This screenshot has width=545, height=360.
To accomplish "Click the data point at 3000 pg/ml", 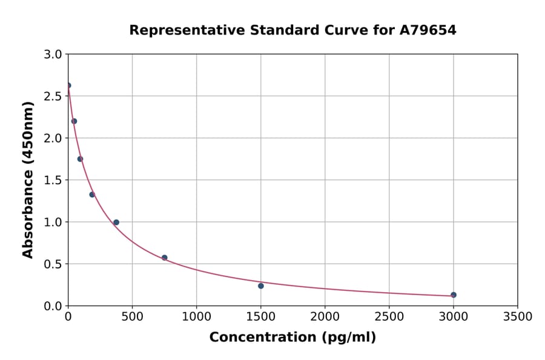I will [x=454, y=295].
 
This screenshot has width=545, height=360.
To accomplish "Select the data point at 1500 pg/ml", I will [x=261, y=286].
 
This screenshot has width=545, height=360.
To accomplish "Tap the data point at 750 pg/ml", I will [x=165, y=258].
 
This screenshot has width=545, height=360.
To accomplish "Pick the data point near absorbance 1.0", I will [x=116, y=222].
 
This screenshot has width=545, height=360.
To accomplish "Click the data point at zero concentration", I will [x=68, y=85].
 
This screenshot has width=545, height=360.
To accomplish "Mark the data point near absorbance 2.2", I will [x=74, y=121].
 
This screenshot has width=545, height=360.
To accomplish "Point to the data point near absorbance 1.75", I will [x=80, y=159].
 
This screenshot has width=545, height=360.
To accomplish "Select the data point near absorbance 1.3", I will [x=92, y=195].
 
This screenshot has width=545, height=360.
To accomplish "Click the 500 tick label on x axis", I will [x=132, y=316].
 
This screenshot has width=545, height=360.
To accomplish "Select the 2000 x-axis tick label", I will [x=325, y=316].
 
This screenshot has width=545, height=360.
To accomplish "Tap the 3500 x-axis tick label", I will [x=518, y=316].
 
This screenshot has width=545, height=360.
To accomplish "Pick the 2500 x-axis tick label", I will [x=389, y=316].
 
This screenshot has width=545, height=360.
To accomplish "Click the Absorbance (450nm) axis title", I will [x=28, y=179].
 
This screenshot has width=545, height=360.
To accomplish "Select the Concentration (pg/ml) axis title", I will [x=292, y=338].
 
